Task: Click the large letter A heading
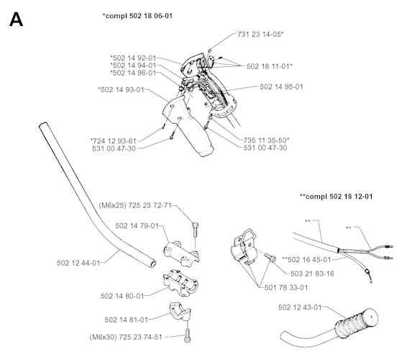point(16,19)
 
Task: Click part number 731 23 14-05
point(260,34)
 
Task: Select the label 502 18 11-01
point(269,66)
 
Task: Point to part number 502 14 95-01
point(281,86)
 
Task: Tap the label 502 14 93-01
point(121,89)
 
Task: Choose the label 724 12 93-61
point(114,141)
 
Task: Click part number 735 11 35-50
point(266,140)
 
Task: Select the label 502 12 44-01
point(78,263)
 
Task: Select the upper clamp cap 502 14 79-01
point(181,253)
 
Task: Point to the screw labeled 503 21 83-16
point(270,257)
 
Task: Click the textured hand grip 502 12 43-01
point(357,323)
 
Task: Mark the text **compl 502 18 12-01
point(336,197)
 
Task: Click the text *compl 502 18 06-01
point(137,16)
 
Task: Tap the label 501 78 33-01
point(286,287)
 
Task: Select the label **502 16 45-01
point(306,260)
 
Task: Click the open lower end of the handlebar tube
point(152,264)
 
